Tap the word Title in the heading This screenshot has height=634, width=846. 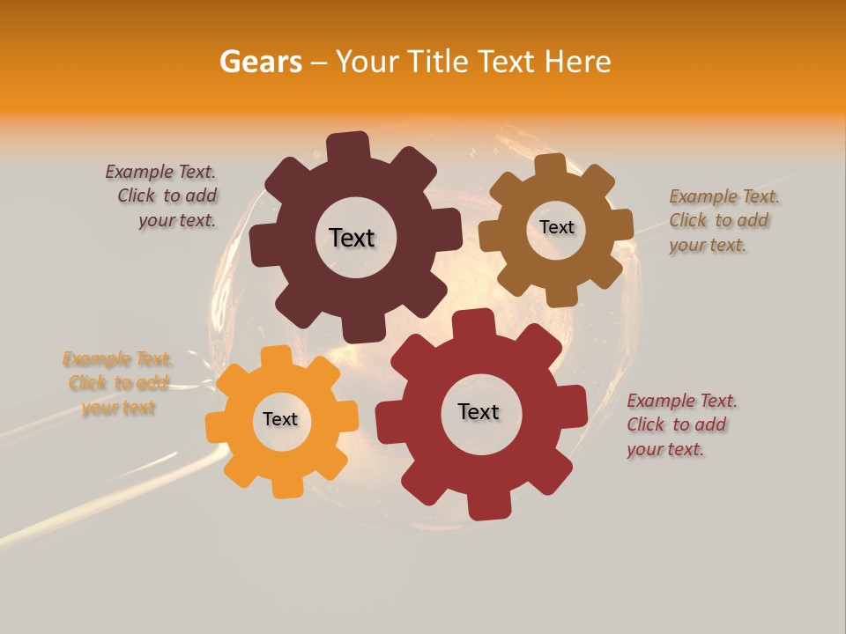(x=439, y=62)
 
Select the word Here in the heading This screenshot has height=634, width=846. (x=578, y=62)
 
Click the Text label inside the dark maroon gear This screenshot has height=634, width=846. (x=352, y=238)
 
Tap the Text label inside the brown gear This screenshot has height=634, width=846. (x=556, y=227)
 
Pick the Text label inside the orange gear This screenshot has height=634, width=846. (x=280, y=419)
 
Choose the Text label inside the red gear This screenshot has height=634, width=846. (x=479, y=411)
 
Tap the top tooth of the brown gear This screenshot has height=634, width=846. (x=550, y=165)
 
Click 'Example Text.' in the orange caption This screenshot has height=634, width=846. (x=118, y=359)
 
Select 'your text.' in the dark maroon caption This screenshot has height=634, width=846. (x=177, y=220)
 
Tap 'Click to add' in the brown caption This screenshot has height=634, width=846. (x=719, y=220)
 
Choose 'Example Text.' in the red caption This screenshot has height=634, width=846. (x=682, y=401)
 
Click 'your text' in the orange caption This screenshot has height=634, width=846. (x=118, y=408)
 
